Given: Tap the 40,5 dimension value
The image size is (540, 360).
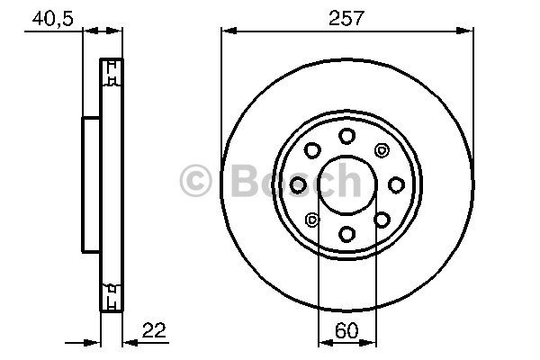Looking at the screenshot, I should [x=52, y=17].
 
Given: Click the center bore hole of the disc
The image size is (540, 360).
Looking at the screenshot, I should [x=346, y=184].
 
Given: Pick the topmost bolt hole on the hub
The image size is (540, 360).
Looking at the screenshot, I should [x=346, y=136].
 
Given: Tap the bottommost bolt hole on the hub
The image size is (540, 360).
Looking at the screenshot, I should [x=346, y=234].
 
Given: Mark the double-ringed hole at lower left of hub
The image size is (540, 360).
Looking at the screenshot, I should [x=312, y=220].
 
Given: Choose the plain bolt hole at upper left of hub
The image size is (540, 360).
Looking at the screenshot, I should [x=312, y=150].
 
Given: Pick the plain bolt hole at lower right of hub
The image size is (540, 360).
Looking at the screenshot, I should [x=382, y=220].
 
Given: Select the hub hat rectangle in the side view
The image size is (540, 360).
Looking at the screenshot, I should [x=91, y=184].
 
